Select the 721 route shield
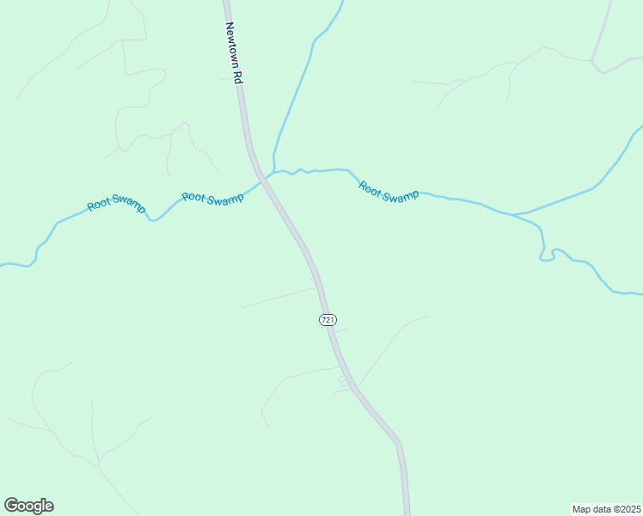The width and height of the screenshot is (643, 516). click(328, 320)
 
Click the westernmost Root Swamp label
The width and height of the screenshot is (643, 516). click(117, 205)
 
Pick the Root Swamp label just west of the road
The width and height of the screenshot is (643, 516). click(212, 198)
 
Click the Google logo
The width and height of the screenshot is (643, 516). click(28, 506)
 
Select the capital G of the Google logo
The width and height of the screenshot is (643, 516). click(11, 506)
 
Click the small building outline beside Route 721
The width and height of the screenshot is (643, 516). click(342, 379)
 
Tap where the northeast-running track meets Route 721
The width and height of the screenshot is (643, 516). click(352, 388)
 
